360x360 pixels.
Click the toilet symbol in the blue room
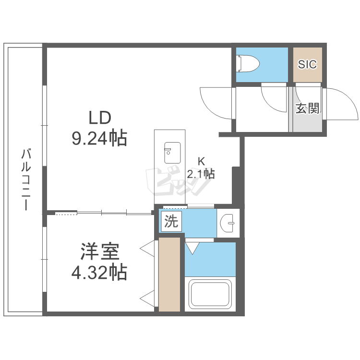click(248, 63)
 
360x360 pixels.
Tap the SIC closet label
click(307, 64)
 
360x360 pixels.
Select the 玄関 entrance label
click(307, 109)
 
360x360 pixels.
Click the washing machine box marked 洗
click(171, 222)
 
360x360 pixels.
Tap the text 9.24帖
click(99, 139)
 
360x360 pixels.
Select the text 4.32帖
click(99, 273)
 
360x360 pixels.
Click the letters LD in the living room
click(99, 117)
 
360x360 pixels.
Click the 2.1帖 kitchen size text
click(201, 174)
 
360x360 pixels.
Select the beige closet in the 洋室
click(170, 275)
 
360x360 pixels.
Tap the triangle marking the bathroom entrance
click(193, 248)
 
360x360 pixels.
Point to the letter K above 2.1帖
click(202, 162)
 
